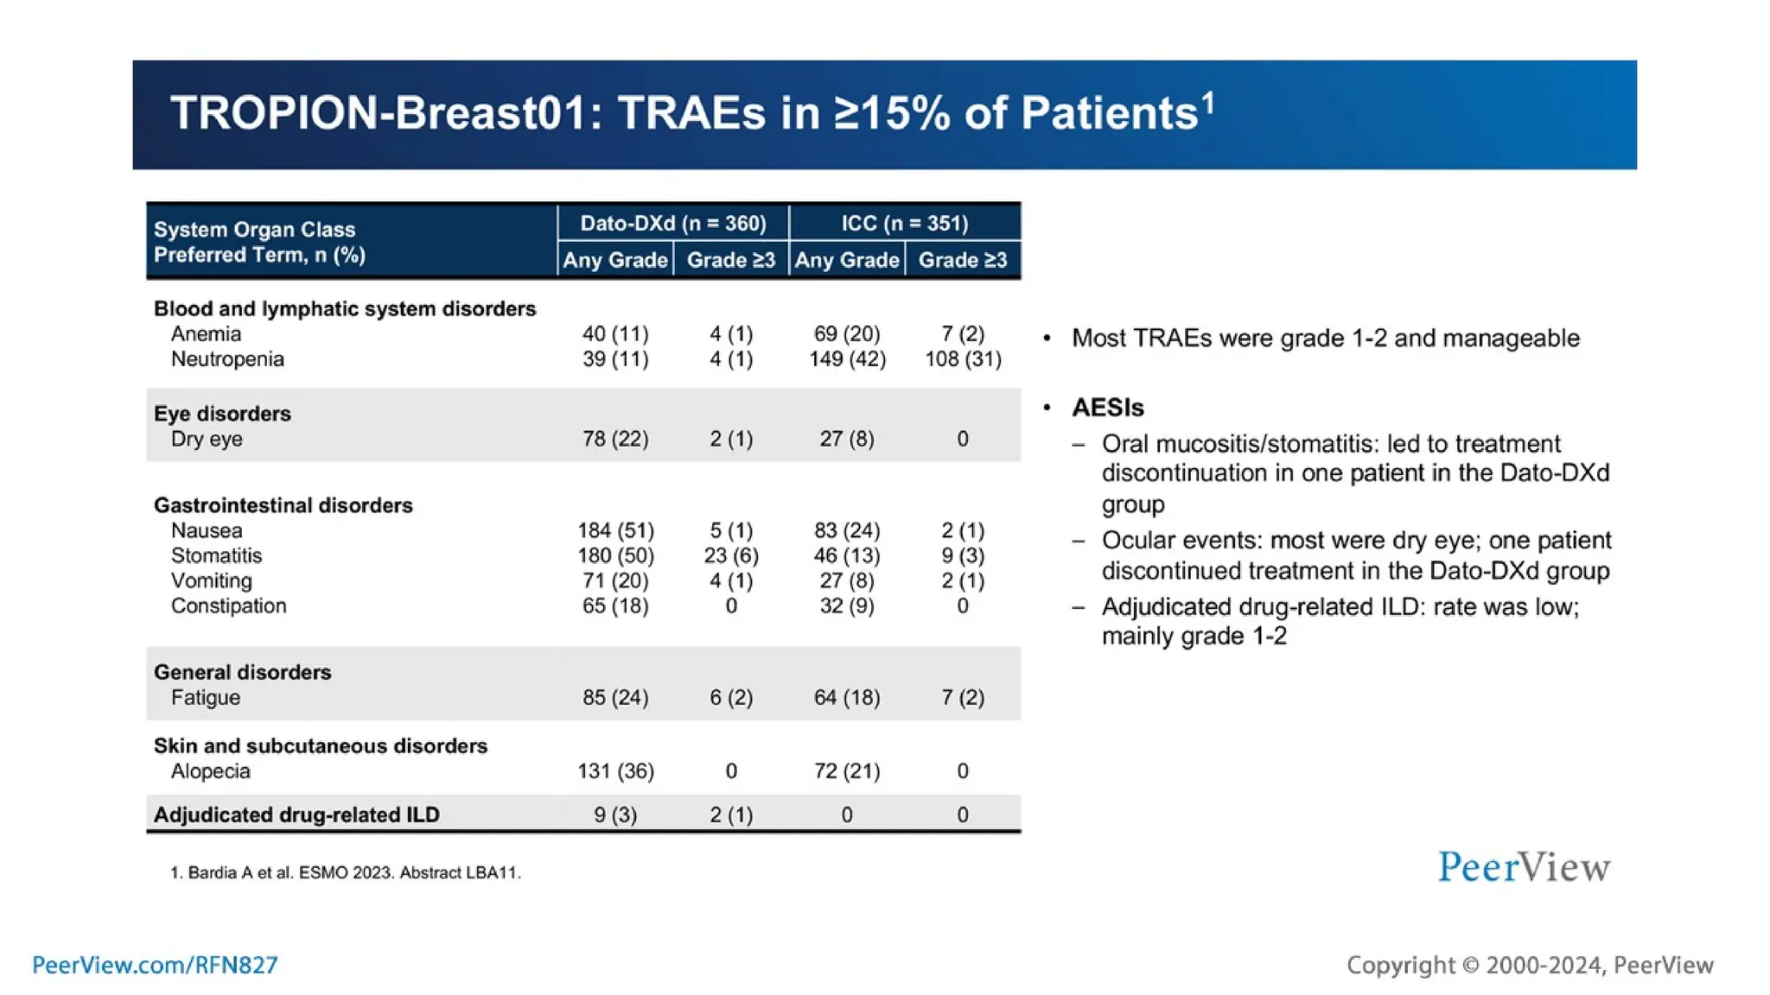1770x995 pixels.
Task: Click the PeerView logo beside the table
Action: click(x=1524, y=866)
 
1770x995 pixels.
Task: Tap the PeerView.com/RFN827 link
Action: click(x=155, y=965)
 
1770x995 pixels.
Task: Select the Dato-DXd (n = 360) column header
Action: click(x=672, y=223)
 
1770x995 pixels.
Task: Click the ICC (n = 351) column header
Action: click(x=904, y=223)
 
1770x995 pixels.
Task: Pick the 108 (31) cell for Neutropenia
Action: click(x=963, y=358)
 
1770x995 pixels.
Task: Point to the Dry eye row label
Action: click(x=207, y=439)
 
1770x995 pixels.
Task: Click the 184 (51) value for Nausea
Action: click(x=615, y=530)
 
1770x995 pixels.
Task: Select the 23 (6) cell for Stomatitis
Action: click(x=731, y=555)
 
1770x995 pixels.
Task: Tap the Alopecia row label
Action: click(x=210, y=771)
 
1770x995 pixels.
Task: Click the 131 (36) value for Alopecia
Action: click(x=615, y=771)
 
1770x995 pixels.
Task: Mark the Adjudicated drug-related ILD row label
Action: click(x=296, y=814)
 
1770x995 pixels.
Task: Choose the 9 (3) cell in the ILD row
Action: click(x=615, y=814)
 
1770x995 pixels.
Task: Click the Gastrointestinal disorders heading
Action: click(x=283, y=505)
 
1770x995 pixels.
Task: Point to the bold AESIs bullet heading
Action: click(x=1107, y=408)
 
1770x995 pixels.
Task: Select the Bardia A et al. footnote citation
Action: click(x=346, y=872)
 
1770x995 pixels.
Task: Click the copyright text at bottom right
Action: click(x=1530, y=965)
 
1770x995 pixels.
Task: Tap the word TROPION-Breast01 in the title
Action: click(x=378, y=113)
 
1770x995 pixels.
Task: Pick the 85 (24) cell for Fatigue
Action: click(x=615, y=697)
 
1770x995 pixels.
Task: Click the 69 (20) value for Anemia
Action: click(x=847, y=333)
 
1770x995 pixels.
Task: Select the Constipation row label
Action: click(x=228, y=605)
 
